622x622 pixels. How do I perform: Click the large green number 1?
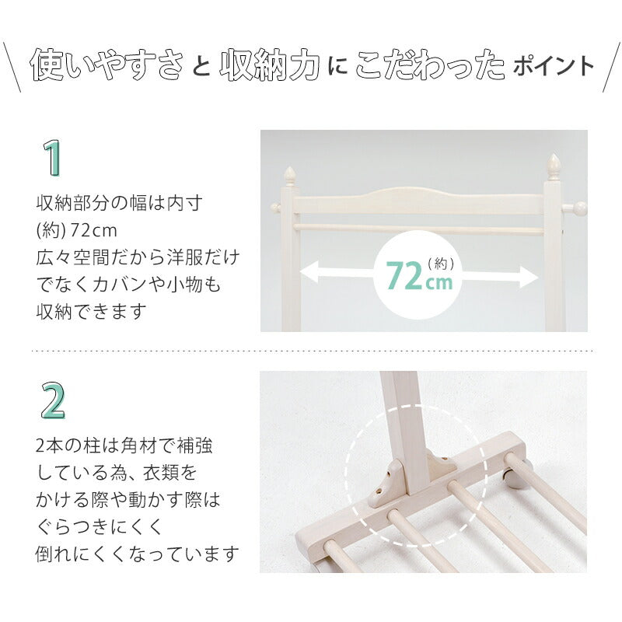click(51, 158)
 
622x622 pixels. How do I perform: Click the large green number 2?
click(52, 400)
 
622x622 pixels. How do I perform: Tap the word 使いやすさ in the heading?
click(107, 66)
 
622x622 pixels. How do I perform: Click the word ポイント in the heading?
click(553, 66)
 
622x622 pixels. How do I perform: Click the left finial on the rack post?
click(289, 174)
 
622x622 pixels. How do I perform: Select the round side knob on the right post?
click(579, 208)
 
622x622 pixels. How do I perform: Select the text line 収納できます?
click(92, 312)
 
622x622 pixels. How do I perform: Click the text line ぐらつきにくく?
click(100, 527)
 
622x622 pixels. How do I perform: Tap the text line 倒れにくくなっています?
click(137, 554)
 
